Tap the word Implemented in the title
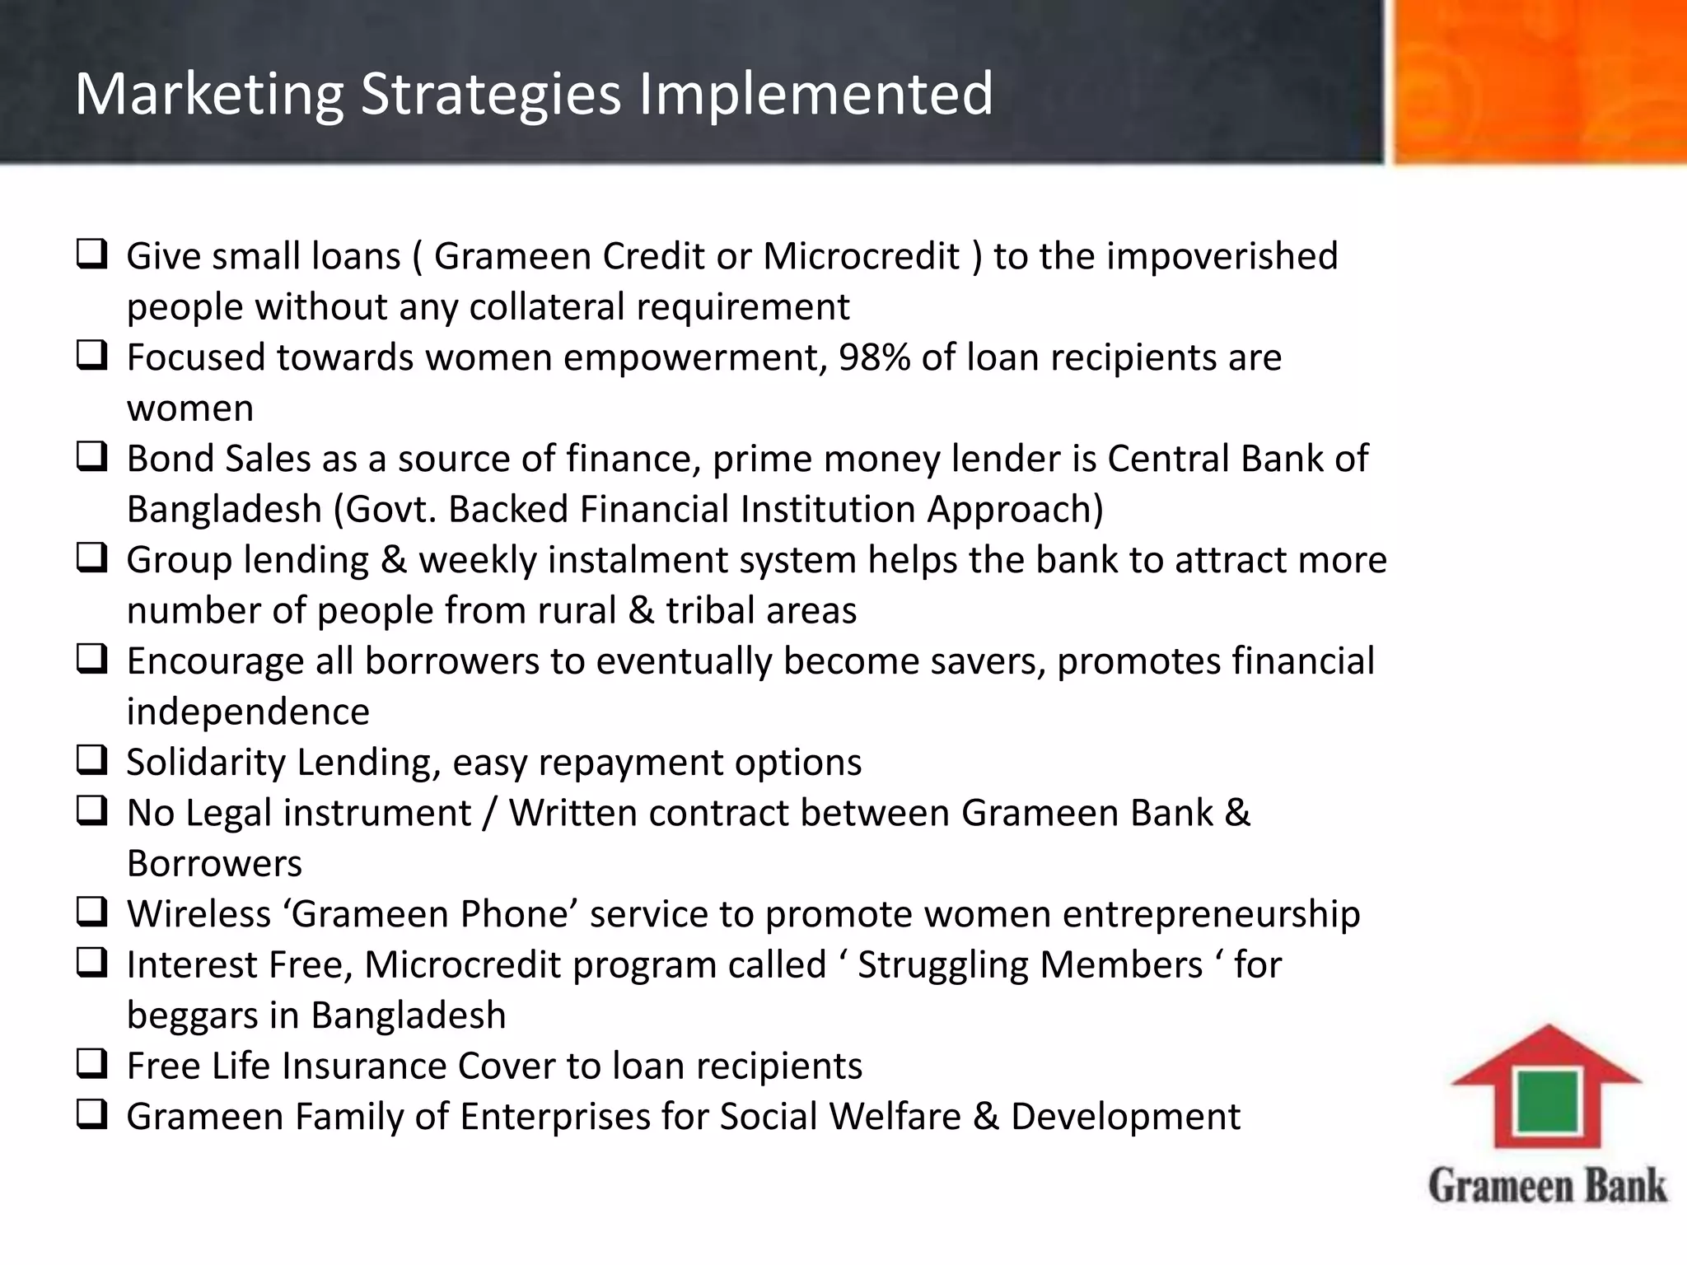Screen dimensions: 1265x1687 815,94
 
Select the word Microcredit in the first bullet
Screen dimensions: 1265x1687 861,257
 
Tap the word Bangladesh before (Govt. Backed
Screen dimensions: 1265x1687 224,510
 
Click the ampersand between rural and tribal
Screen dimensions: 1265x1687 641,611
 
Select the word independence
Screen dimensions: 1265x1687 248,712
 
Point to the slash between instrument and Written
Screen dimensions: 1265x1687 490,814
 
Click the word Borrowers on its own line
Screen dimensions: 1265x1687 214,864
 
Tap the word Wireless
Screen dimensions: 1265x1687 199,915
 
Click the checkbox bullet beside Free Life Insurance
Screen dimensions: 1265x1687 91,1064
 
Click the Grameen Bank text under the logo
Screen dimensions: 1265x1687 1547,1186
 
